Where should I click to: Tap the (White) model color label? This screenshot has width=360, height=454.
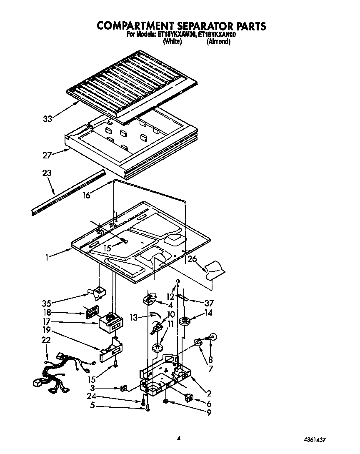click(172, 42)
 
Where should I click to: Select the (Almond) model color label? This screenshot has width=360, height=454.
click(218, 42)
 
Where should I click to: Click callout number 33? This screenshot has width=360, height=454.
click(48, 119)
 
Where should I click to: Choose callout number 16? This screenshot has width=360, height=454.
click(86, 195)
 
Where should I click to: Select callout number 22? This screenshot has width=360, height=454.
click(46, 340)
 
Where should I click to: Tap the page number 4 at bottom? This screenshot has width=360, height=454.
click(179, 437)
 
